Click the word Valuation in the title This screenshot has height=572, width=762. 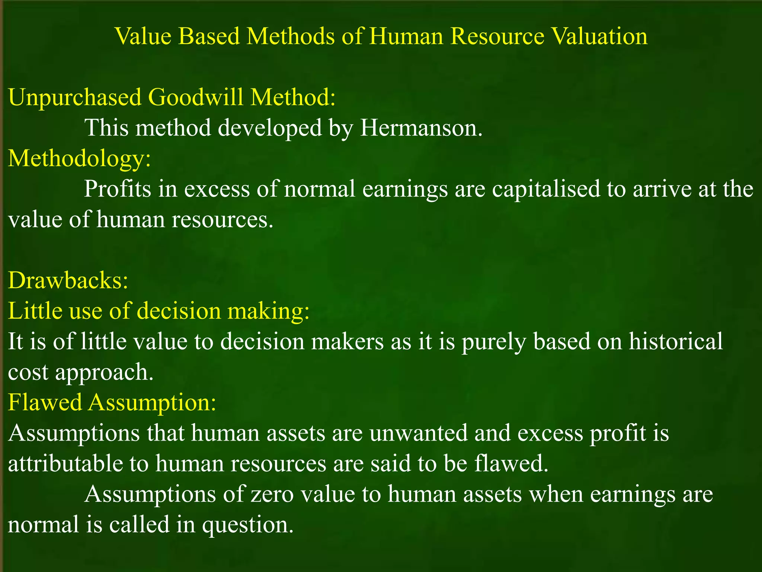(599, 36)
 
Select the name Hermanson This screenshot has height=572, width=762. (421, 128)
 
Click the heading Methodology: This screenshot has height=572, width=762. (79, 159)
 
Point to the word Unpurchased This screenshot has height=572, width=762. (75, 98)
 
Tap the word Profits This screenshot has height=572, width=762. (118, 189)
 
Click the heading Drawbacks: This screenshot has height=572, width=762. (68, 280)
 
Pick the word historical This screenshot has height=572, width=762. (676, 341)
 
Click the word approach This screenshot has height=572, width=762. (104, 372)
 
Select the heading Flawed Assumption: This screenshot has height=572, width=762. (112, 403)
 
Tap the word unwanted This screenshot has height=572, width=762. (419, 433)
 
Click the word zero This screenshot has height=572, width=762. (272, 495)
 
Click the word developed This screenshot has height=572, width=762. (270, 128)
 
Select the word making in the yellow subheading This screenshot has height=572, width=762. (268, 311)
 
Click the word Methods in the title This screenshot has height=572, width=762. (291, 36)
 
